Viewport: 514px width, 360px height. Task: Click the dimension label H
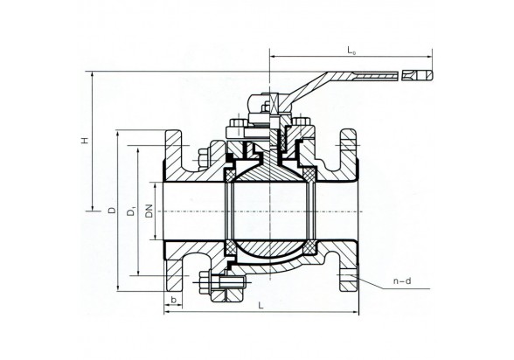[x=86, y=140]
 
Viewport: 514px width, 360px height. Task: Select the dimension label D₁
[x=131, y=211]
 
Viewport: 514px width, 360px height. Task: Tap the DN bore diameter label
[x=149, y=211]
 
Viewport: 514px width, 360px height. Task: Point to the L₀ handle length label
[x=351, y=51]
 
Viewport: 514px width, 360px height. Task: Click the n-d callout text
[x=402, y=281]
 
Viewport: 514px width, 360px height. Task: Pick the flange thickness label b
[x=174, y=300]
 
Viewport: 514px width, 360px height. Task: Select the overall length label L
[x=260, y=306]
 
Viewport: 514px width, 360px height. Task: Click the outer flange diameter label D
[x=113, y=210]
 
